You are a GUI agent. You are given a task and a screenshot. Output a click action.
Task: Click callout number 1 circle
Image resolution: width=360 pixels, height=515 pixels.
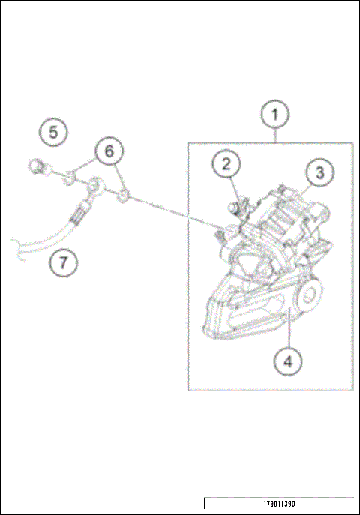point(275,116)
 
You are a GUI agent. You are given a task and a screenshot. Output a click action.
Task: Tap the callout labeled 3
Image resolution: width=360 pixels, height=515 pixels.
point(319,172)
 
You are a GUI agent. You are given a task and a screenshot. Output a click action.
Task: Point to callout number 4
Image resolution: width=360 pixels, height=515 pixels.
point(288,361)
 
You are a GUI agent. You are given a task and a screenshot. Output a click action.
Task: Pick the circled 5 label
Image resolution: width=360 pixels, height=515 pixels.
point(52,133)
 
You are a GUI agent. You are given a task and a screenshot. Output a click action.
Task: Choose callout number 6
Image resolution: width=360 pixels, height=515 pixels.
point(109,151)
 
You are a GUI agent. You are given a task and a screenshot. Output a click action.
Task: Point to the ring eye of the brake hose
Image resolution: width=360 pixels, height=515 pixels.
point(95,186)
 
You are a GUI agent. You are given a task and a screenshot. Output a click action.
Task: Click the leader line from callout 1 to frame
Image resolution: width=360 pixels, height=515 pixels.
point(275,136)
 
